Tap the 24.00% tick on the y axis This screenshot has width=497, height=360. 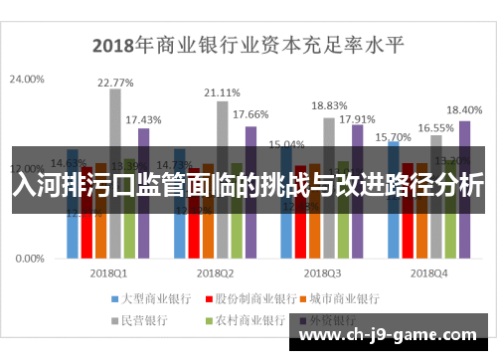click(27, 78)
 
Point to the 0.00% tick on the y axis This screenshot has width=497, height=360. click(29, 258)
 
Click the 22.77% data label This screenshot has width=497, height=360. click(115, 83)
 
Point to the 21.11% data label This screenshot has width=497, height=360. click(222, 93)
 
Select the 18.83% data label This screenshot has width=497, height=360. click(329, 105)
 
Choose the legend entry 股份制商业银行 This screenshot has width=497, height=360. click(248, 296)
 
